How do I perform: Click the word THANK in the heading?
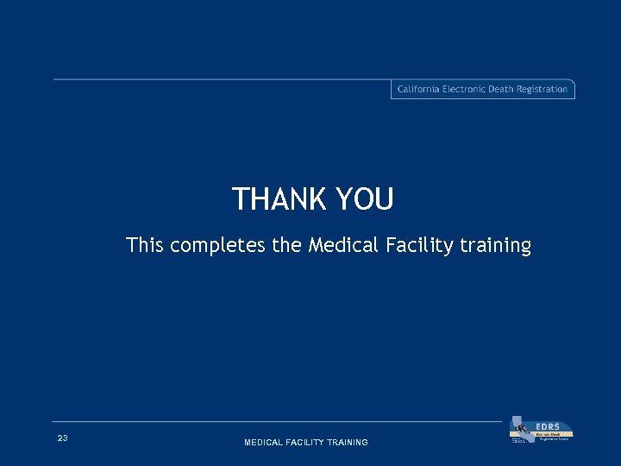point(277,200)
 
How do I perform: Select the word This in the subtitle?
point(144,246)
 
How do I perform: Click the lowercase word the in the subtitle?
point(287,246)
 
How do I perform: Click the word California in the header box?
point(418,89)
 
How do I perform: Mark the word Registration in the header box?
point(544,89)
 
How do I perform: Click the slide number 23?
point(62,439)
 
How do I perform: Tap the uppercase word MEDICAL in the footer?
point(264,443)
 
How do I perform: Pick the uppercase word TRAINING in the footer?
point(348,443)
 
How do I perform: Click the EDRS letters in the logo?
point(548,426)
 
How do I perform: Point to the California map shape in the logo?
point(519,429)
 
